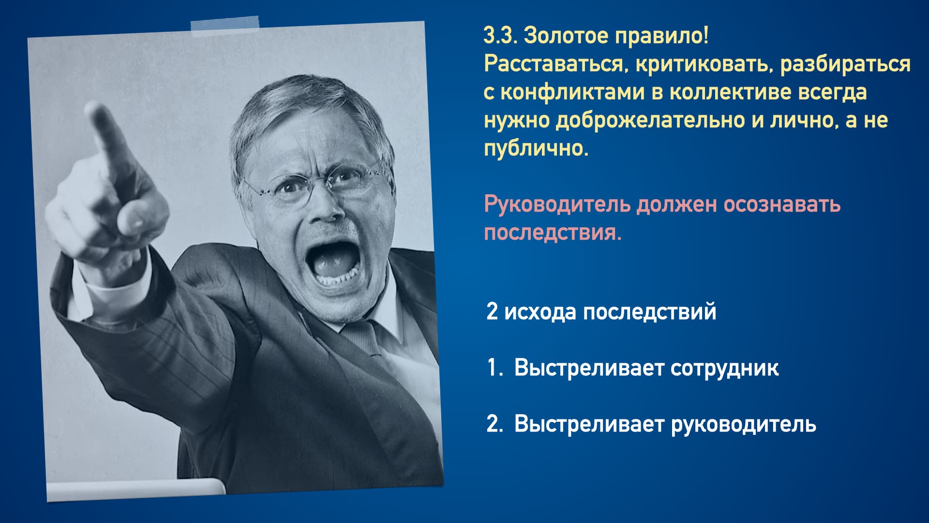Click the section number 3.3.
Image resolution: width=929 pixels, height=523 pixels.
click(500, 35)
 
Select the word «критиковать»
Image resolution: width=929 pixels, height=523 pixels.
click(705, 64)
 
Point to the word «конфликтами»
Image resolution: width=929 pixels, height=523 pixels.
click(572, 92)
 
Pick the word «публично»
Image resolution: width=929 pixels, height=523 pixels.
click(536, 149)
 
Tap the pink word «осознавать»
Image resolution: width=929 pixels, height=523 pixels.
click(782, 204)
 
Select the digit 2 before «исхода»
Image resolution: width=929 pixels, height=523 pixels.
click(492, 311)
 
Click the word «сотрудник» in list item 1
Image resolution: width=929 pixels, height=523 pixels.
click(725, 368)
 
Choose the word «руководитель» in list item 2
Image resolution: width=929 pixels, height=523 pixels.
click(744, 424)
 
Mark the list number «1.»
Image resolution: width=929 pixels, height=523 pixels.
click(494, 368)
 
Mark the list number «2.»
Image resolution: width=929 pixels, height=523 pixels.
click(494, 424)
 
